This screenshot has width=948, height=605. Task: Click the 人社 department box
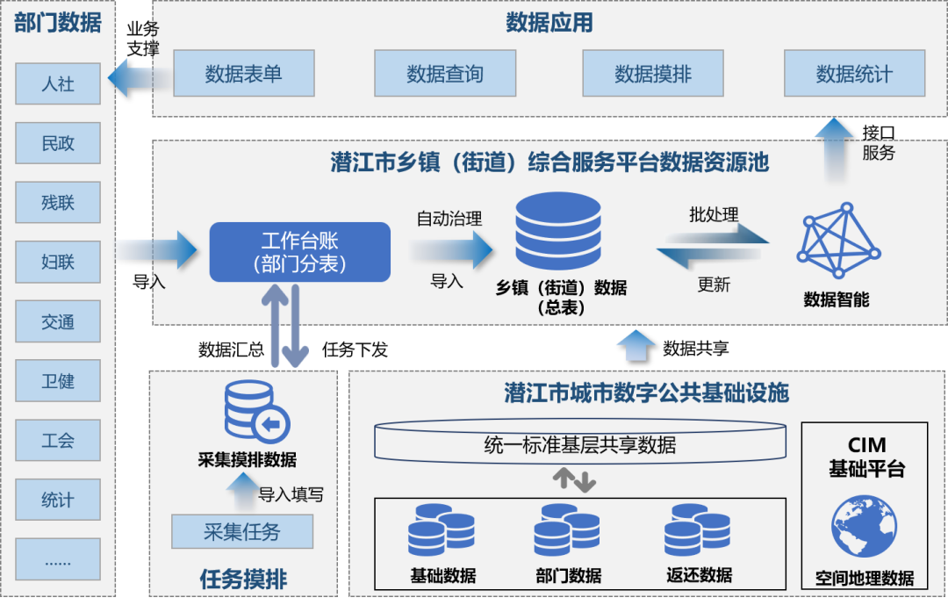pos(58,84)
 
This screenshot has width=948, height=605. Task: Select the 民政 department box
pos(58,143)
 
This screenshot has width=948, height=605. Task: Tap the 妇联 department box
pos(58,262)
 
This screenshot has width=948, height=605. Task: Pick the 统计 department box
pos(58,500)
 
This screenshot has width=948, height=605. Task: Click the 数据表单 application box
pos(243,74)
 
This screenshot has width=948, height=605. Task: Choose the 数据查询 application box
pos(444,74)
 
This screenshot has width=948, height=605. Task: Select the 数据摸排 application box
pos(653,74)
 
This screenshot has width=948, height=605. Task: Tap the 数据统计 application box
pos(854,74)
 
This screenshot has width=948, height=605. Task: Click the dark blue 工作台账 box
pos(299,252)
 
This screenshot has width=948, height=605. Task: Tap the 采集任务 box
pos(242,531)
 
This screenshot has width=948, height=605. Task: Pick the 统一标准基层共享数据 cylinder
pos(579,443)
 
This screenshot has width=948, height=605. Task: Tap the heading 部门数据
pos(58,23)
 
